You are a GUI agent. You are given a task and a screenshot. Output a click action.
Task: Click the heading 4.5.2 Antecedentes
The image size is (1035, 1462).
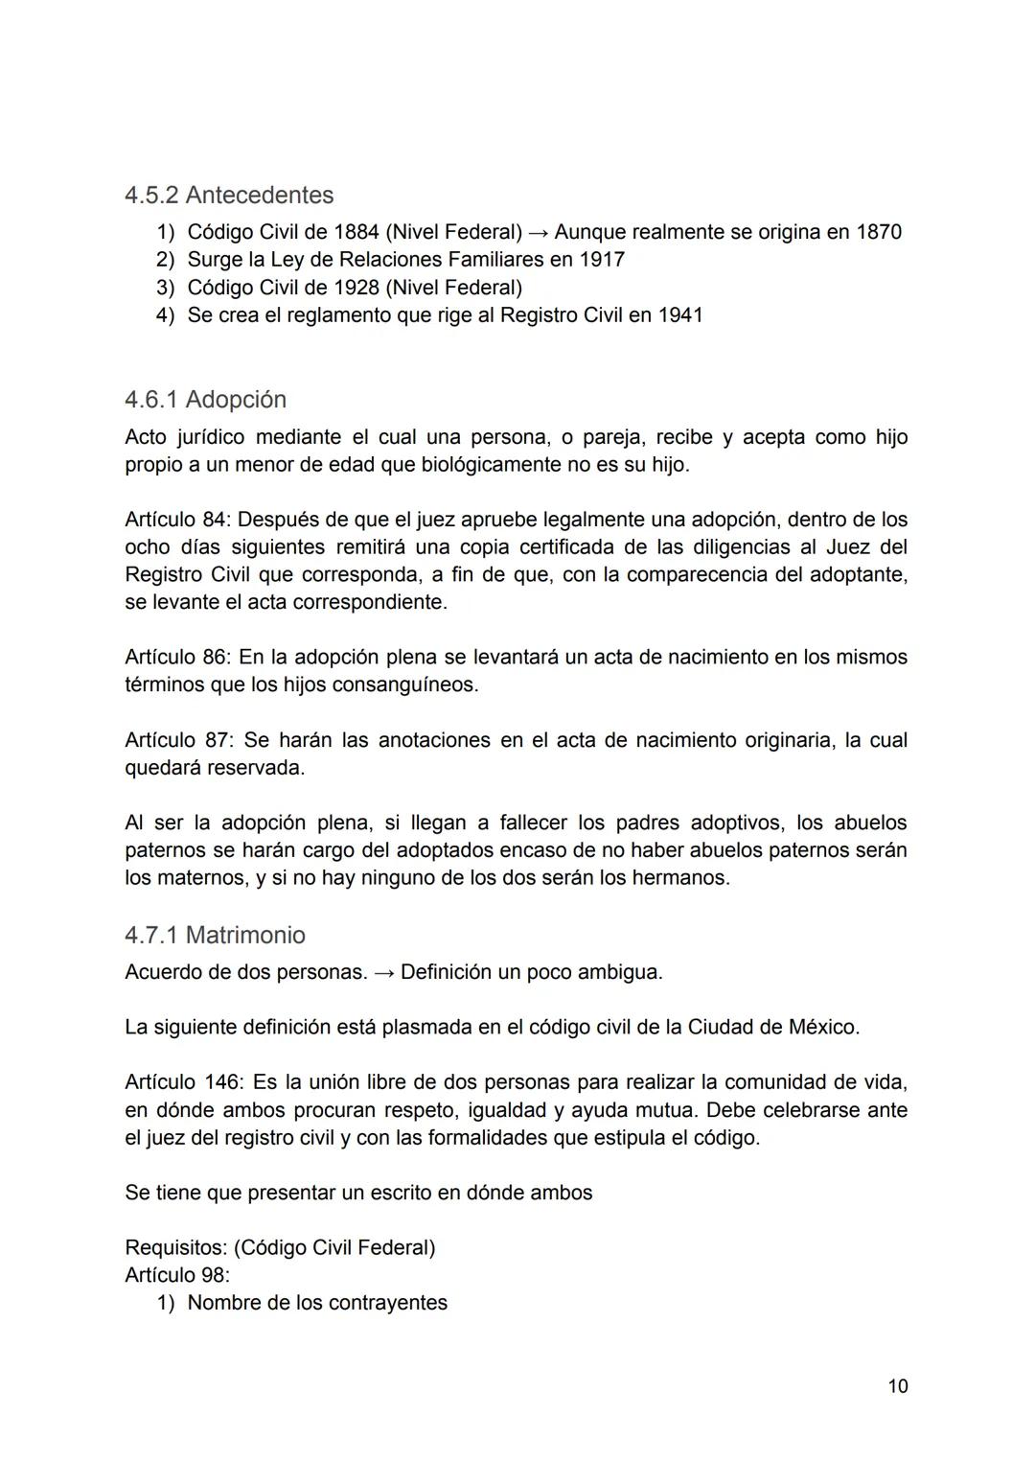coord(229,195)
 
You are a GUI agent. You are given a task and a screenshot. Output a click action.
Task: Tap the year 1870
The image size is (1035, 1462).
coord(878,232)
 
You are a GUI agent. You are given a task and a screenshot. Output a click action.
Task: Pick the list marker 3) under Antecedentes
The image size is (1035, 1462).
coord(165,288)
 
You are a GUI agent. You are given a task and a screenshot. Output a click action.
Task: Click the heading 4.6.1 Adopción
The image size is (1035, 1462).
coord(205,399)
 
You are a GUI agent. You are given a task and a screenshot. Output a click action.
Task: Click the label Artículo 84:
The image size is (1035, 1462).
coord(177,520)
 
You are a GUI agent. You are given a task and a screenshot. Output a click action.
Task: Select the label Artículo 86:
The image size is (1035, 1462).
coord(177,658)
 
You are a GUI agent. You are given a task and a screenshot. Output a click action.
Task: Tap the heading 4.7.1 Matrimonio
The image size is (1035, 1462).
coord(215,935)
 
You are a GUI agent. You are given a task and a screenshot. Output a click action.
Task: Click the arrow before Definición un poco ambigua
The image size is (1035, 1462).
coord(383,972)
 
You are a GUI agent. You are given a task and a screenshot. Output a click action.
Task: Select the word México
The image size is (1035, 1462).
coord(822,1028)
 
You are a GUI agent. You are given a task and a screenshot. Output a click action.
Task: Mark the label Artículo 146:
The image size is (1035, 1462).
coord(184,1082)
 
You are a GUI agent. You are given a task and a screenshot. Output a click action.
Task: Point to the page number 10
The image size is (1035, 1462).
coord(898,1386)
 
